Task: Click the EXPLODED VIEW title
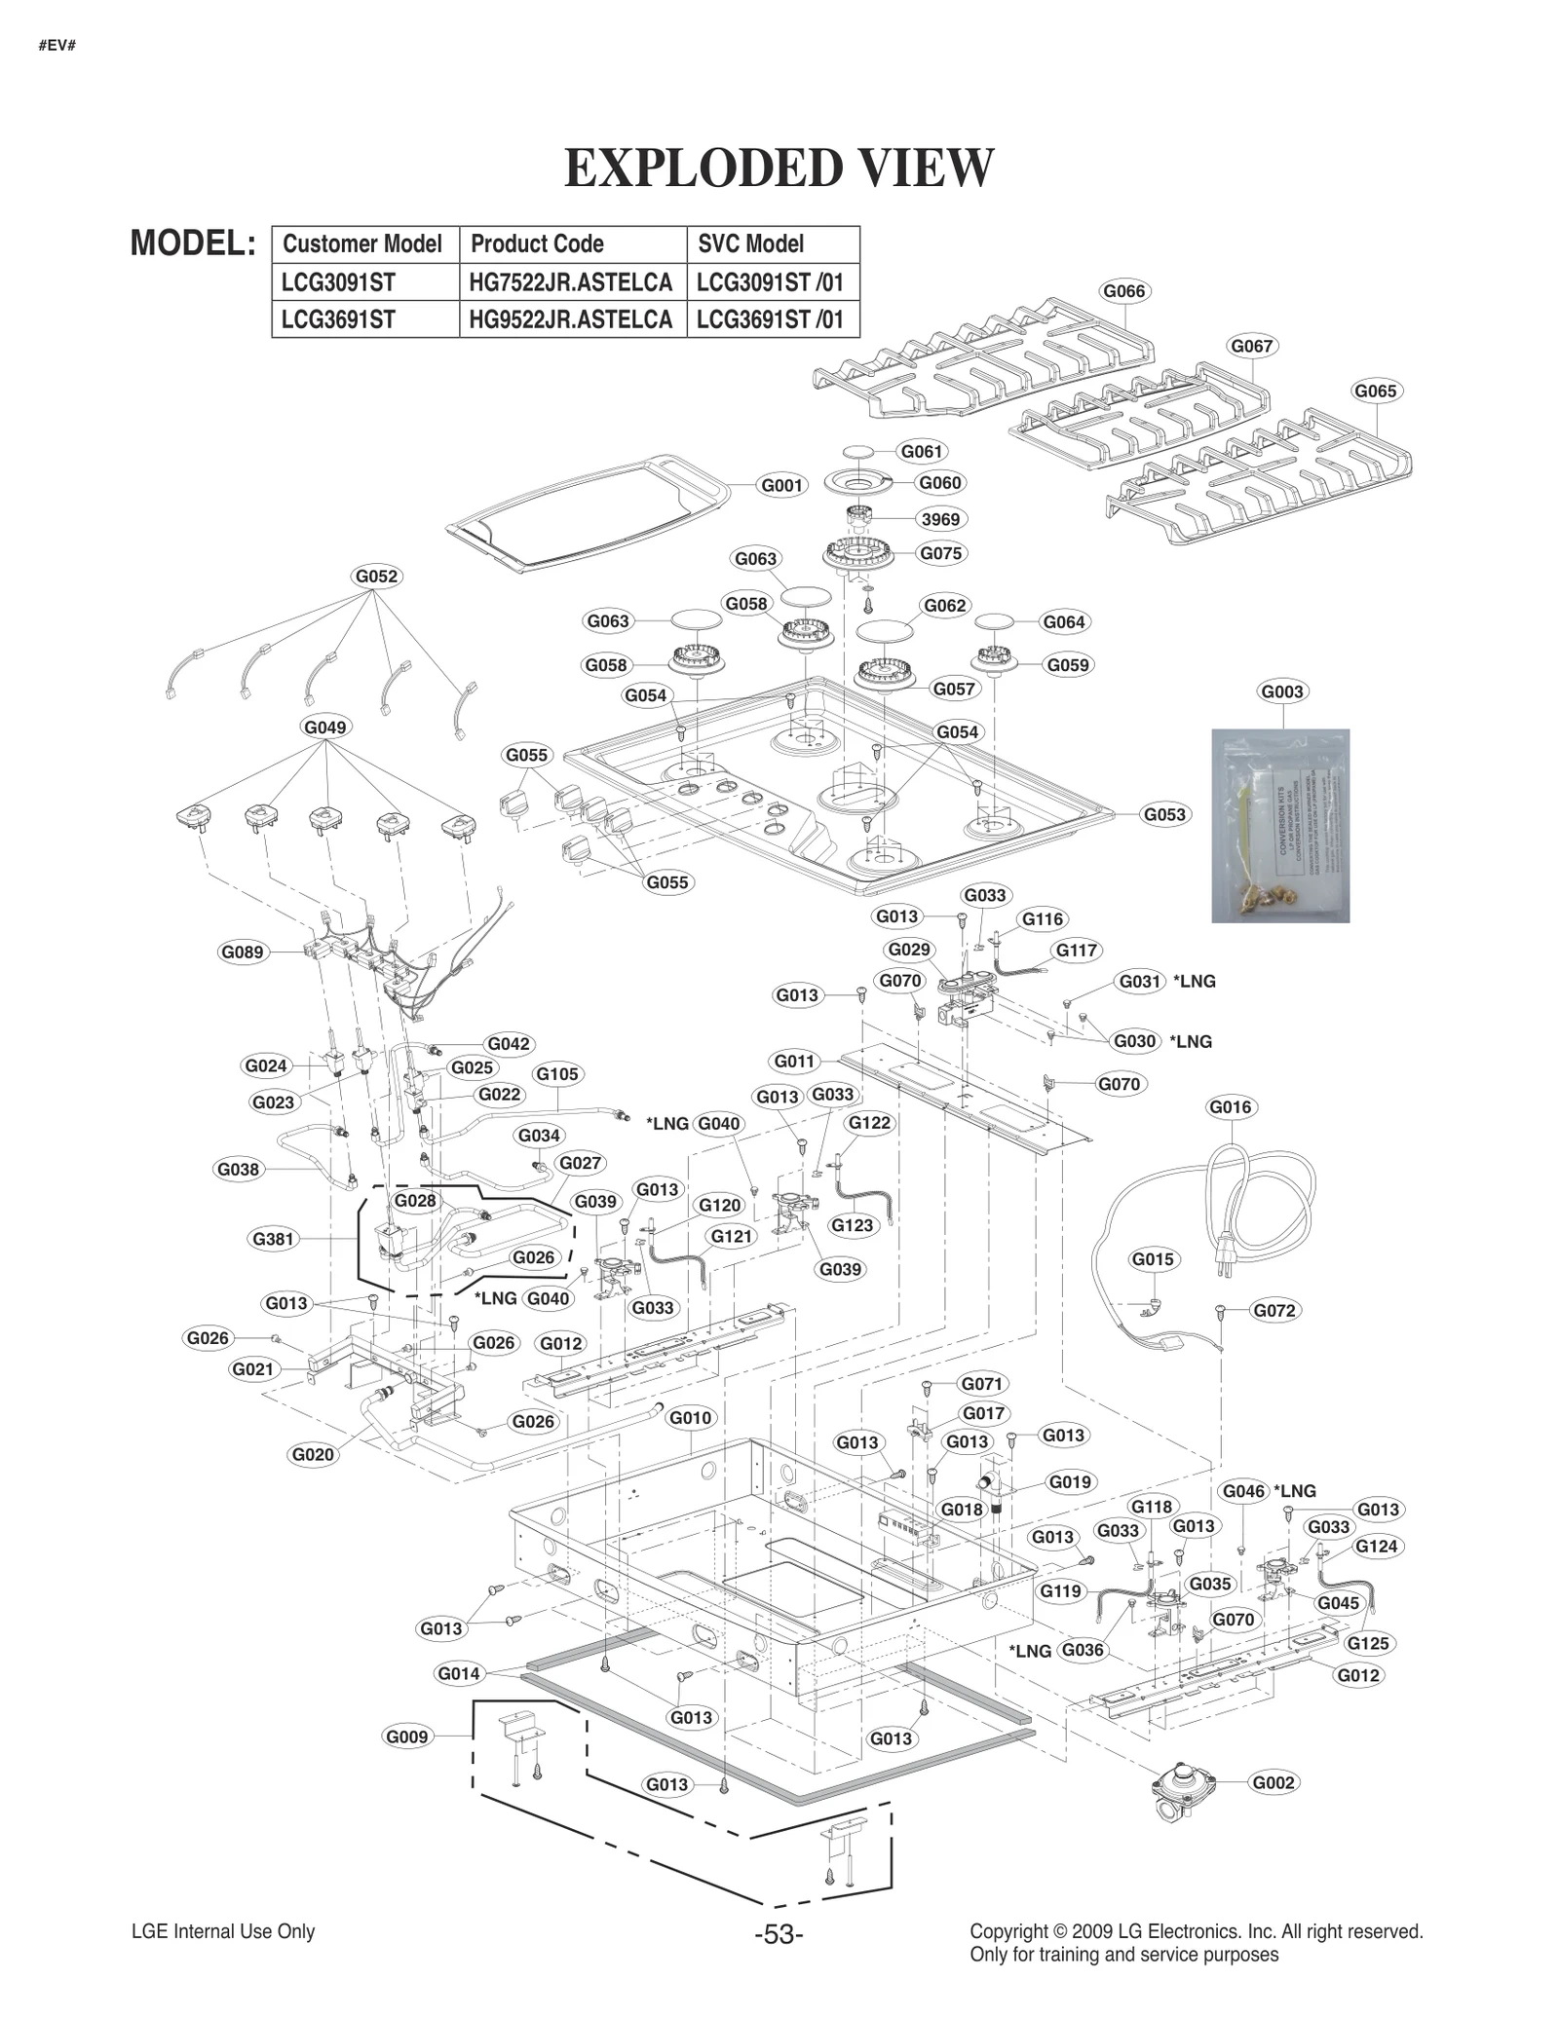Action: point(779,168)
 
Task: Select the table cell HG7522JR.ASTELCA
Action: point(571,282)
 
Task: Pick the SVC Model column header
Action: point(750,243)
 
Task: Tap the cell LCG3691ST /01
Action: point(770,319)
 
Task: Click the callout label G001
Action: point(781,485)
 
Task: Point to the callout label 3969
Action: point(940,519)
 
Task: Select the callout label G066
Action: point(1123,291)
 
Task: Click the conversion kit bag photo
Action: point(1279,825)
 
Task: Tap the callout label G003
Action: point(1281,691)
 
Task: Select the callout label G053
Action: point(1164,814)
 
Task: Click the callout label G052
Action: point(376,577)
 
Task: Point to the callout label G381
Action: point(273,1239)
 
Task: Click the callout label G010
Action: point(690,1418)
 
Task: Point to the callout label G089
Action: point(242,952)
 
